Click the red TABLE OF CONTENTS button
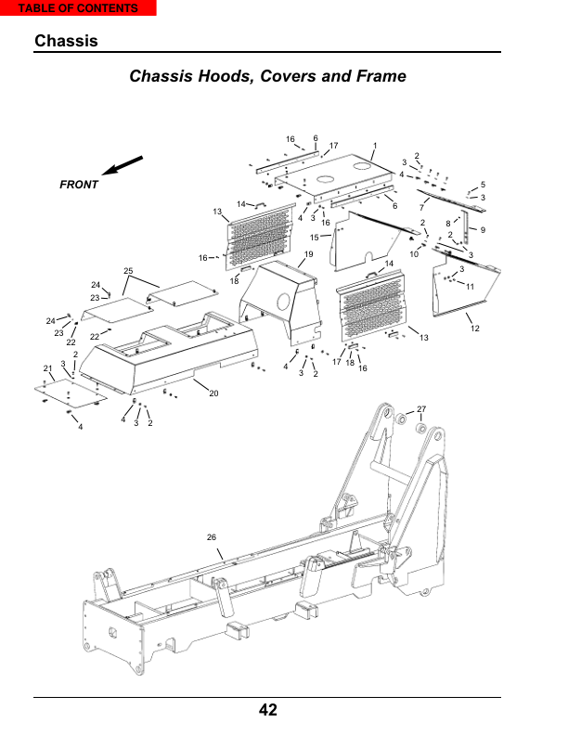78,8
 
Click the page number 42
267,710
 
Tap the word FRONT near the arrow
79,185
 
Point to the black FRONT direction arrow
122,165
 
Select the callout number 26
212,537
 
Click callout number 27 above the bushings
421,408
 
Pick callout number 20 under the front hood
213,393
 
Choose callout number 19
308,254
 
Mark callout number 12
475,329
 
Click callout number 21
48,368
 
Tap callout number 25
128,271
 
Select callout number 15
314,238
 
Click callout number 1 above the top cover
374,146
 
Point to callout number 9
483,230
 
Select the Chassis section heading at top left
66,41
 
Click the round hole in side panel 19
283,302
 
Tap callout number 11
470,287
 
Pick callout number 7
421,207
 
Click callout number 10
414,254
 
